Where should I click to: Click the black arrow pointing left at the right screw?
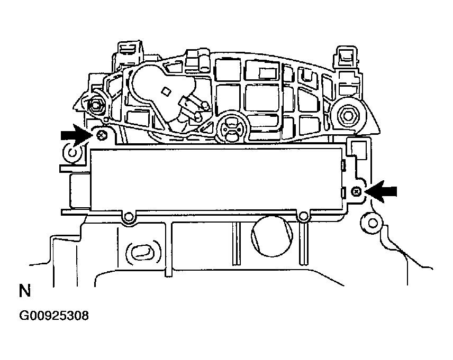tap(382, 191)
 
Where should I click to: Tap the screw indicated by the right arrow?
tap(356, 191)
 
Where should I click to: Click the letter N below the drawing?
tap(24, 291)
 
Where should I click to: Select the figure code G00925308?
tap(54, 316)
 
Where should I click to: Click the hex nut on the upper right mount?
tap(348, 115)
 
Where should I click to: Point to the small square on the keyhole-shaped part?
tap(166, 91)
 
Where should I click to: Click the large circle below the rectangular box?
tap(272, 236)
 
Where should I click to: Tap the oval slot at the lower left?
tap(141, 252)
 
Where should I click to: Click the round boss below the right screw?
tap(372, 223)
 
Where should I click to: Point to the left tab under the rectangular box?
tap(129, 217)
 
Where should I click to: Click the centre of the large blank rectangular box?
tap(217, 179)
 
